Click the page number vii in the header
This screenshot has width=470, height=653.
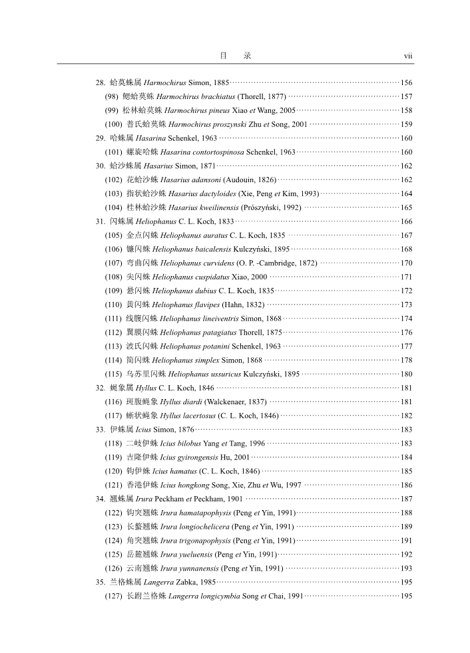click(x=408, y=56)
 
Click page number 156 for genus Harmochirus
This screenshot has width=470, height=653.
click(x=406, y=82)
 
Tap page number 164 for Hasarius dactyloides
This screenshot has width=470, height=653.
click(x=406, y=194)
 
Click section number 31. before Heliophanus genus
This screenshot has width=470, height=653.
click(x=101, y=221)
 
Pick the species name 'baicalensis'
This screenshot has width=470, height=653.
click(x=212, y=249)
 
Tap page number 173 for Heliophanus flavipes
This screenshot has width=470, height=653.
click(x=406, y=305)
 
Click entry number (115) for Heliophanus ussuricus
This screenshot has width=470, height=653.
click(x=113, y=374)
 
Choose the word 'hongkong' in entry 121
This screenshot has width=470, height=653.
click(x=191, y=485)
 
